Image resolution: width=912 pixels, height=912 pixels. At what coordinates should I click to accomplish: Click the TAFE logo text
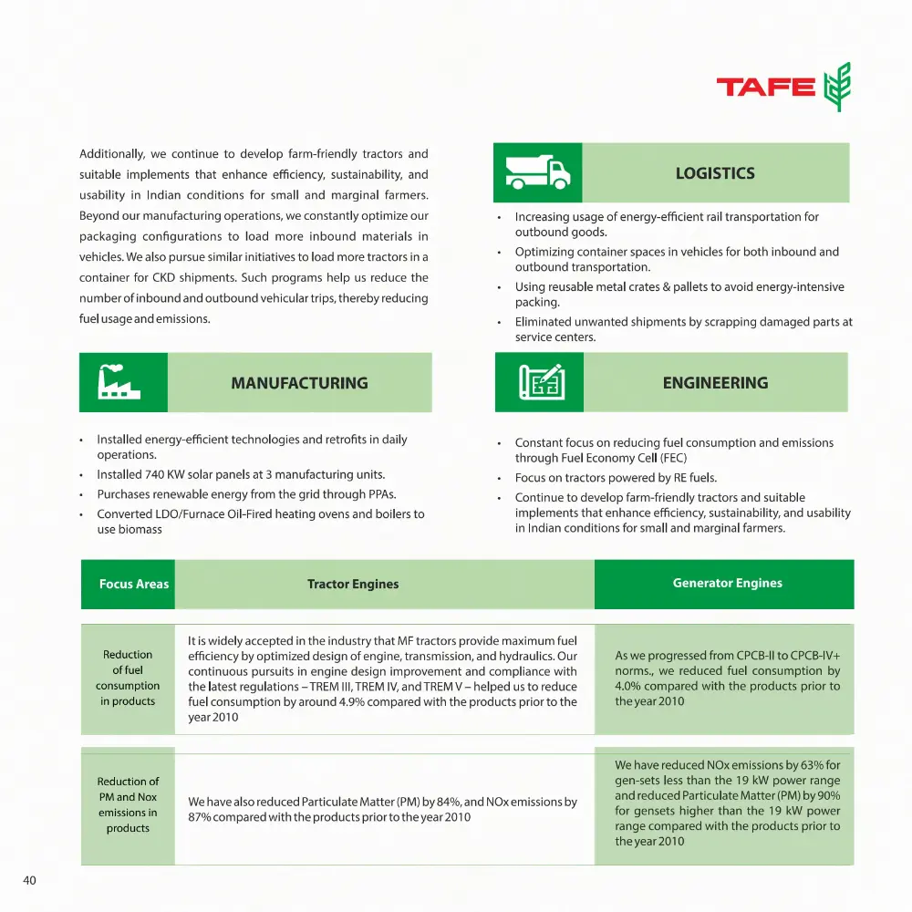765,87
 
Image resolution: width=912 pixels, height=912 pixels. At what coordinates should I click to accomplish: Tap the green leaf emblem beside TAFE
836,87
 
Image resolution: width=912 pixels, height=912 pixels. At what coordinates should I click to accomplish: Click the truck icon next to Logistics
537,172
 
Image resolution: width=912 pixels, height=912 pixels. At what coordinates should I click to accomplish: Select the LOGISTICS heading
715,173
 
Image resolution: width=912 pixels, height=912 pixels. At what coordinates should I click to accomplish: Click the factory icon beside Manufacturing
123,382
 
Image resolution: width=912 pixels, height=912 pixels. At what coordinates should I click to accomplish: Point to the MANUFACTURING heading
299,383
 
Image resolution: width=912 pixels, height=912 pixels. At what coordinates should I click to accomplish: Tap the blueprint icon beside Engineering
541,382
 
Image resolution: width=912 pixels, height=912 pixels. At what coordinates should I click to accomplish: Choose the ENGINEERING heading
715,383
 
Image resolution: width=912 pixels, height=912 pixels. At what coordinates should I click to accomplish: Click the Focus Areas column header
134,584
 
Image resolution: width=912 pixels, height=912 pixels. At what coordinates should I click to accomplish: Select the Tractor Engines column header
353,584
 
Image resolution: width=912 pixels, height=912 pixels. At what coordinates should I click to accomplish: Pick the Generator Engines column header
727,583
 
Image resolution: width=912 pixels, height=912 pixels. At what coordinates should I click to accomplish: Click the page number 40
29,880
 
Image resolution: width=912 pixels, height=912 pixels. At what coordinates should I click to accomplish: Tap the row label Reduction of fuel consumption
128,678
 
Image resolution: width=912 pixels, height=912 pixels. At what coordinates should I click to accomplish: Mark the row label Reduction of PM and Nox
128,804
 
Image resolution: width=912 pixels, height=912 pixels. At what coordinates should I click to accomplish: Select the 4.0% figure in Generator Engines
630,686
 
